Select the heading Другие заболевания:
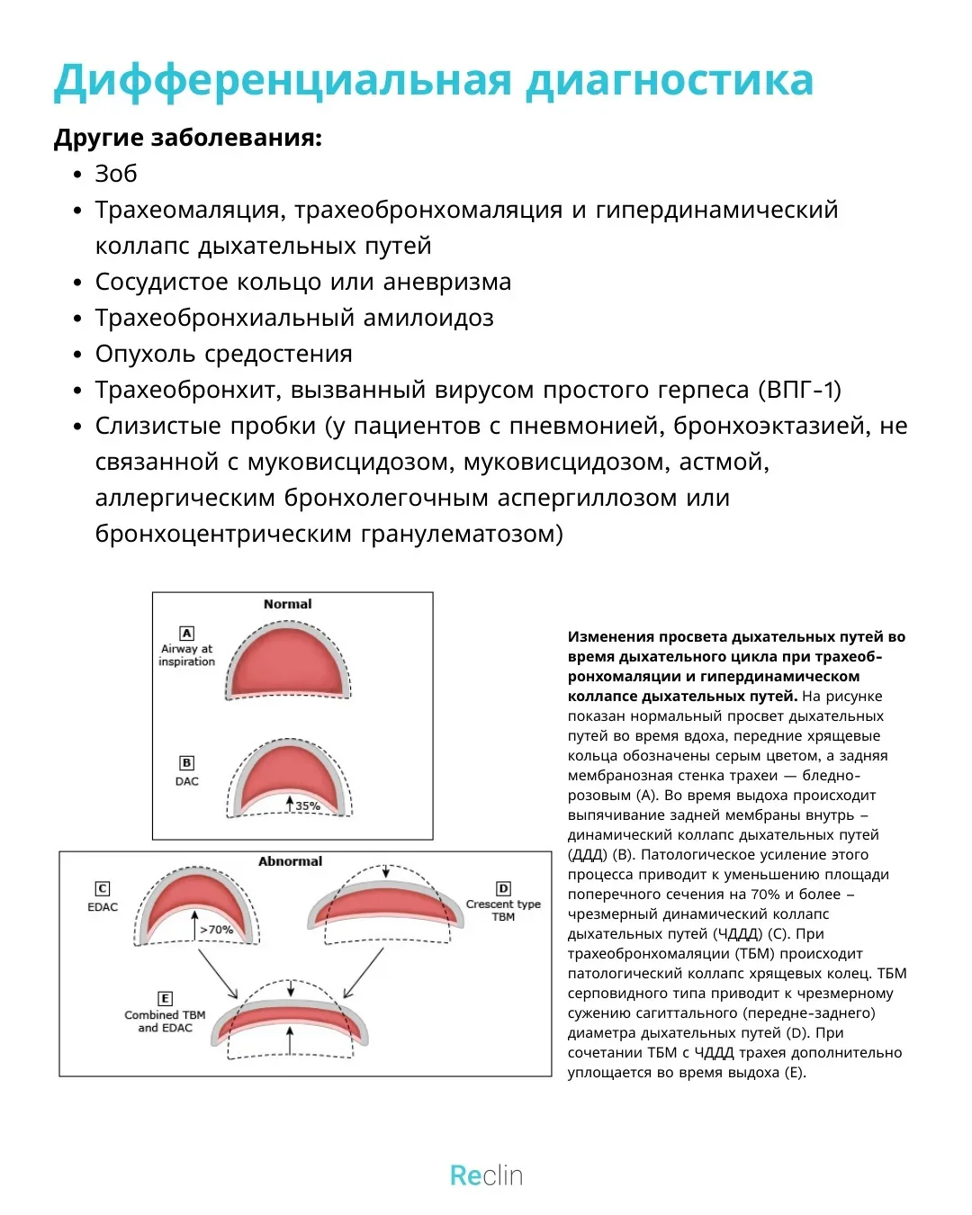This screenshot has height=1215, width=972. point(187,138)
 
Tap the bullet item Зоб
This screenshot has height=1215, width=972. point(116,174)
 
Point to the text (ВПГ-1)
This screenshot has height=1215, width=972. point(800,390)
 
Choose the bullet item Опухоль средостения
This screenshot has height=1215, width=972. point(223,354)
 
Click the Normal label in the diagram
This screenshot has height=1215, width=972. point(287,604)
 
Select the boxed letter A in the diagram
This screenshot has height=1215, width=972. point(186,633)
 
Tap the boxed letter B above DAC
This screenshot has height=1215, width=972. point(186,763)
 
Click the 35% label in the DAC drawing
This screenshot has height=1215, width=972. point(308,805)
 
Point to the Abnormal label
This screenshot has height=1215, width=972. point(290,861)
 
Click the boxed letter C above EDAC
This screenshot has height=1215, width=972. point(103,888)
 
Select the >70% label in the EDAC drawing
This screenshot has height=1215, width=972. point(216,929)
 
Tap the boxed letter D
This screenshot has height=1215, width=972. point(503,888)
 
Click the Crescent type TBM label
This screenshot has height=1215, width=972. point(503,910)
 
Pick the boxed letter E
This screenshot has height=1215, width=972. point(165,998)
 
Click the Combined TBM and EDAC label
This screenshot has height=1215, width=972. point(165,1021)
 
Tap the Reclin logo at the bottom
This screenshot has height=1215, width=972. point(486,1175)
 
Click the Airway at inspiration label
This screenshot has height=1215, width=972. point(186,654)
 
